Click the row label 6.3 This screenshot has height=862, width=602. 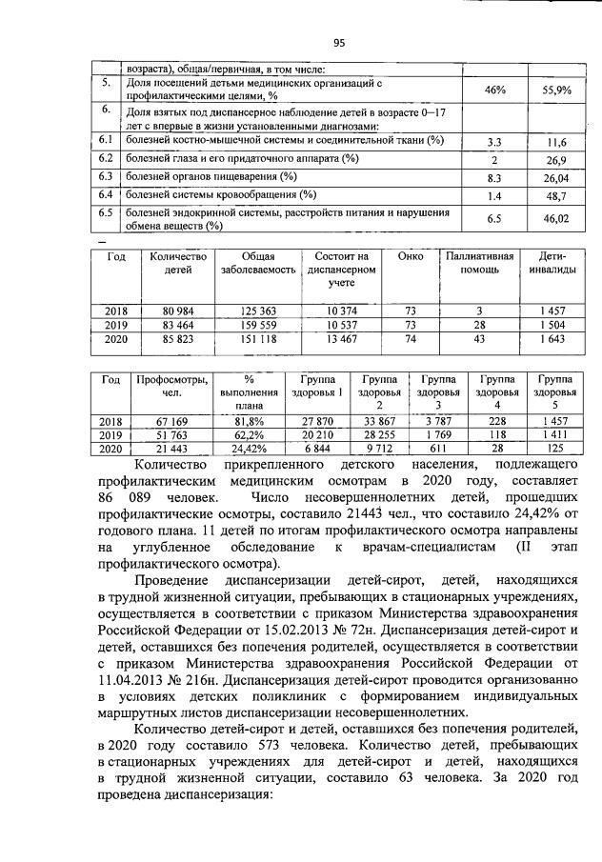point(107,177)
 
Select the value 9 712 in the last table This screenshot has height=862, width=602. point(378,448)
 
